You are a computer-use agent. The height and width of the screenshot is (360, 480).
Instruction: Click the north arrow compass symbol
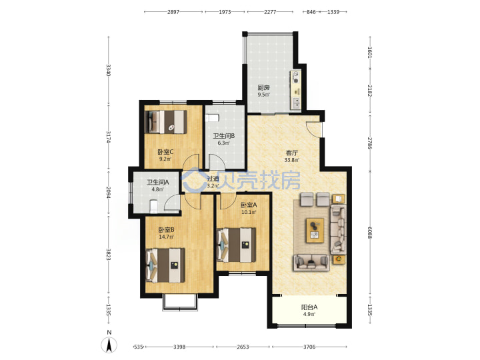pos(109,345)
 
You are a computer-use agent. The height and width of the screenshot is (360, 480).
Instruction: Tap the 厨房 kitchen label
pos(263,87)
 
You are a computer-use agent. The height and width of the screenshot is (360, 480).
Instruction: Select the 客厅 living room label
pos(292,153)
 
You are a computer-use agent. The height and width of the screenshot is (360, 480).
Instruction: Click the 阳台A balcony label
pos(309,307)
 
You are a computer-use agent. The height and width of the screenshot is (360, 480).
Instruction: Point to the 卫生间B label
pos(224,135)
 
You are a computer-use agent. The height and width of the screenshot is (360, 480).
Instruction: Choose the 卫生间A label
pos(157,183)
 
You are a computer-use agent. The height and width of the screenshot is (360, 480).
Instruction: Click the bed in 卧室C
pos(166,122)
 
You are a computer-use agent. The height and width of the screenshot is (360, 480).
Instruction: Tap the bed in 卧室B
pos(165,265)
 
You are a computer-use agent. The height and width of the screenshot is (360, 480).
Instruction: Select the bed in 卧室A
pos(236,245)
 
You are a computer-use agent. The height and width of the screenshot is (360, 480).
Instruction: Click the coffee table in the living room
pos(315,230)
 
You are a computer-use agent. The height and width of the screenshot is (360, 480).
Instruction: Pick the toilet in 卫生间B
pos(212,118)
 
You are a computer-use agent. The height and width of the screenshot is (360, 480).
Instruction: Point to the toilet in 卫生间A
pos(153,206)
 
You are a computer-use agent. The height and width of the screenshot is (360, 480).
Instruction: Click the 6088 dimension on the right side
pos(370,233)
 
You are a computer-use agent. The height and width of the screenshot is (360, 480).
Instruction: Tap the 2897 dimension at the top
pos(173,12)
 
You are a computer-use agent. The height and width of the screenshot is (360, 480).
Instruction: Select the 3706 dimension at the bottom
pos(309,347)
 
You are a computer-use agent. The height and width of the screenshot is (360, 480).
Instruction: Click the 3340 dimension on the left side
pos(109,70)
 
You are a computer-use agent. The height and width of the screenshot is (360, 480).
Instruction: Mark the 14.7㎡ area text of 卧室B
pos(166,237)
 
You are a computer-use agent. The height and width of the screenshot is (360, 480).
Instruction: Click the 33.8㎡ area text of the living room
pos(292,160)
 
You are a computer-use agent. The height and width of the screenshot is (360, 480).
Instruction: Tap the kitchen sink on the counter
pos(296,103)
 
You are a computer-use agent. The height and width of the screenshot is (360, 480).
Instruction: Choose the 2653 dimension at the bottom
pos(243,347)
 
